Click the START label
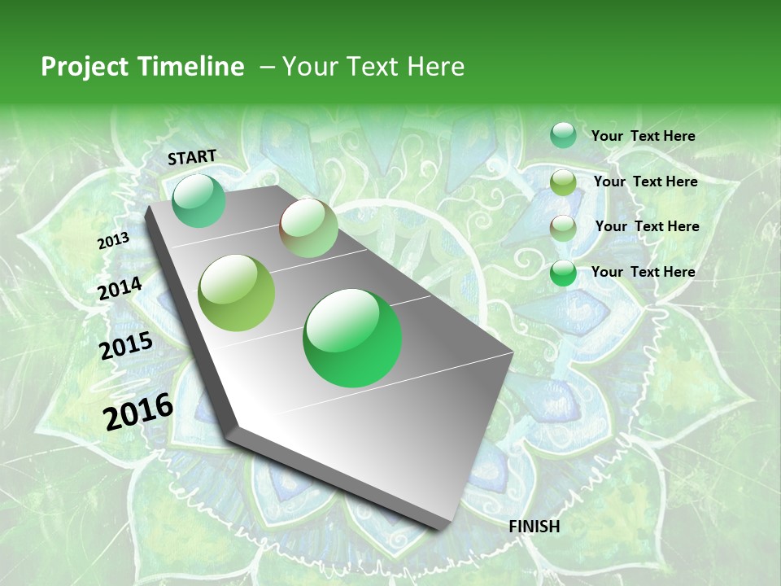[x=192, y=157]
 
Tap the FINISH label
[x=534, y=527]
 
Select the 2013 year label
[x=114, y=241]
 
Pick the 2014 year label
[x=120, y=289]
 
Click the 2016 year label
[x=138, y=411]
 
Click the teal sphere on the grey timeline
[x=199, y=201]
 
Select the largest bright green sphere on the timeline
[x=352, y=338]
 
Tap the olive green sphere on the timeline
[x=237, y=293]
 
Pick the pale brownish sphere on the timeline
[x=308, y=228]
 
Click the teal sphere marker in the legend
[x=563, y=135]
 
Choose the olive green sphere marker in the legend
[x=563, y=182]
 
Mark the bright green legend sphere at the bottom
[x=563, y=273]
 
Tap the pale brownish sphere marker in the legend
[x=563, y=228]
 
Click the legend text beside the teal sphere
[x=643, y=136]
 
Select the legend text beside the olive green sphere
[x=645, y=181]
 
